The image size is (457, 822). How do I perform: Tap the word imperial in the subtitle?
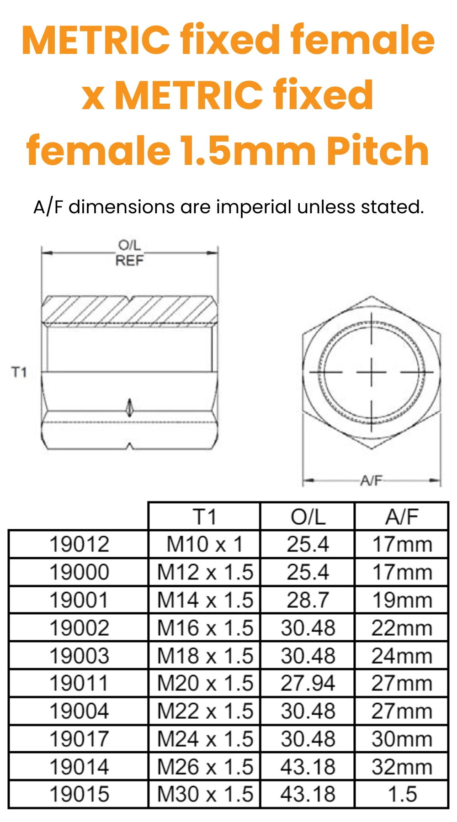pyautogui.click(x=254, y=207)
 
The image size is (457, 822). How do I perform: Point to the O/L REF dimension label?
pyautogui.click(x=129, y=253)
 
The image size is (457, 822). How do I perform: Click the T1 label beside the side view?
pyautogui.click(x=19, y=372)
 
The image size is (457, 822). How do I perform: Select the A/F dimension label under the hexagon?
pyautogui.click(x=371, y=480)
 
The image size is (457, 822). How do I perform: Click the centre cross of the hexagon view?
pyautogui.click(x=372, y=372)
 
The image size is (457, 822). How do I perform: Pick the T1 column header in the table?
pyautogui.click(x=204, y=517)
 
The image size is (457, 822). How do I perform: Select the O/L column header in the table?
pyautogui.click(x=308, y=517)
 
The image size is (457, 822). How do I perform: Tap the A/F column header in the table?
pyautogui.click(x=402, y=517)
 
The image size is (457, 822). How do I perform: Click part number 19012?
pyautogui.click(x=79, y=544)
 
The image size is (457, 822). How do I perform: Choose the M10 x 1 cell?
pyautogui.click(x=204, y=544)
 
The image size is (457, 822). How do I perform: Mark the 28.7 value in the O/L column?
pyautogui.click(x=308, y=600)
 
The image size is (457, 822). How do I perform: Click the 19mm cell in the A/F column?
pyautogui.click(x=402, y=600)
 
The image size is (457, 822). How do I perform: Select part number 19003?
pyautogui.click(x=79, y=656)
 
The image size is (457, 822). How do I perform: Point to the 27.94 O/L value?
pyautogui.click(x=308, y=683)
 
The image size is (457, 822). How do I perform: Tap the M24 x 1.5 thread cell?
pyautogui.click(x=204, y=739)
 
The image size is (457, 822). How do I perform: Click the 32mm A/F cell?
pyautogui.click(x=402, y=767)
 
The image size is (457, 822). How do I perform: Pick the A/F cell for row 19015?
pyautogui.click(x=402, y=794)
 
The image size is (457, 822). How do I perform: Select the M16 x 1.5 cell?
pyautogui.click(x=204, y=628)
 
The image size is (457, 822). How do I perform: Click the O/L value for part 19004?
pyautogui.click(x=308, y=711)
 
